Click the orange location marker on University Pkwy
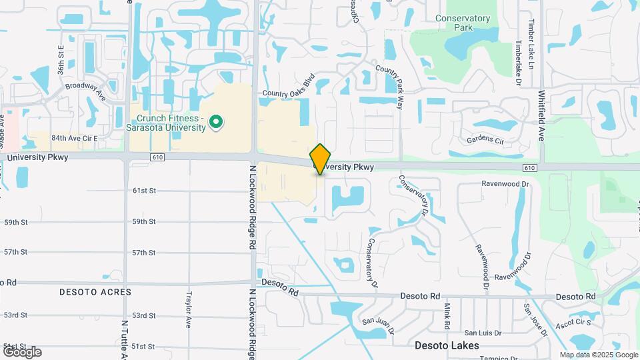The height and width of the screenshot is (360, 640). [321, 159]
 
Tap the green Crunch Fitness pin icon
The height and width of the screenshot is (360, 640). [215, 122]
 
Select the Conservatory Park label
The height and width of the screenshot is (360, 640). [463, 23]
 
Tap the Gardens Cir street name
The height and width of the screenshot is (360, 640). [485, 139]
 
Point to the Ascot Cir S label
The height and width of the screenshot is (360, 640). [574, 323]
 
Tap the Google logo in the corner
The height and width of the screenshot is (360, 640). [22, 351]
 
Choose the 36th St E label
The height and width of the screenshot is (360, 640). [60, 58]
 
